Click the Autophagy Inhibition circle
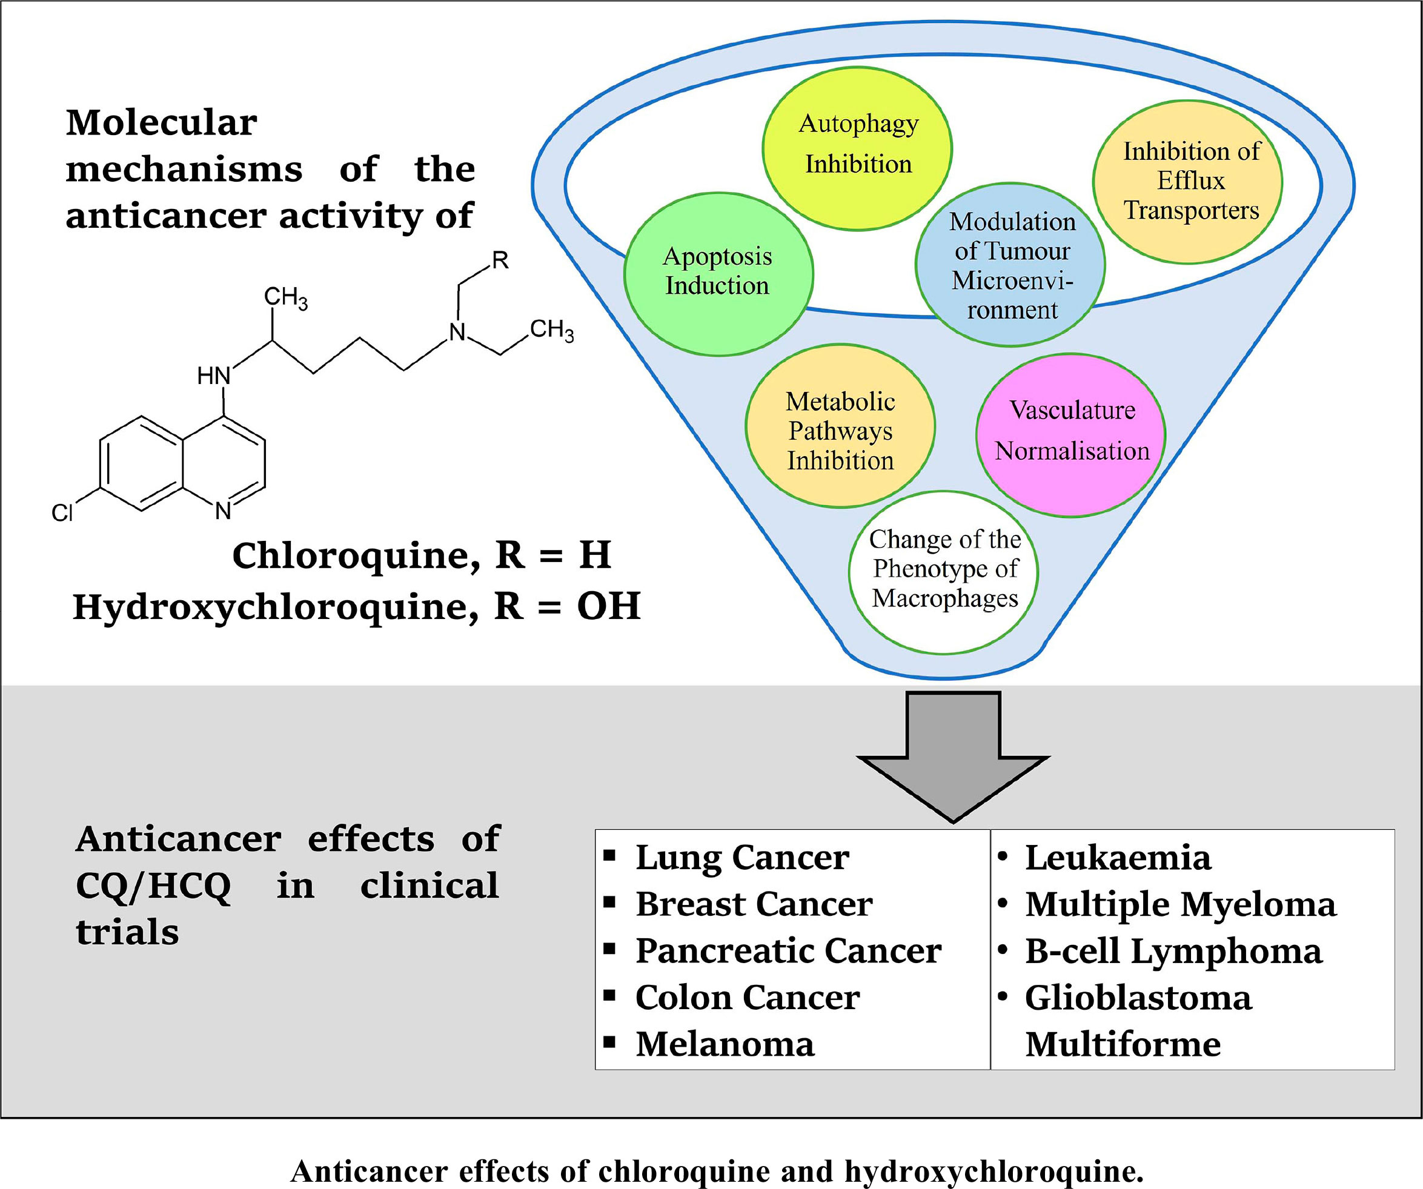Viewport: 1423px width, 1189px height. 857,148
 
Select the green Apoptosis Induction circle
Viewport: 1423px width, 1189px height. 718,274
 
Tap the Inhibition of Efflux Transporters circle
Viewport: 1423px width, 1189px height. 1187,182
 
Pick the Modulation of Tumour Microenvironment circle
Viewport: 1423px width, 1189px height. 1010,264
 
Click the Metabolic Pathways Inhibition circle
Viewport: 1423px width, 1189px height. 840,427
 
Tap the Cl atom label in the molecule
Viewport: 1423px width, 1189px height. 62,513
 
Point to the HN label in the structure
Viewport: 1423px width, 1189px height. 213,376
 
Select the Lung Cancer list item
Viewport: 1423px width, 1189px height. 742,857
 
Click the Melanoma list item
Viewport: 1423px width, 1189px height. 725,1044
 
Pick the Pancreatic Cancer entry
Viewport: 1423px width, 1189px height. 788,950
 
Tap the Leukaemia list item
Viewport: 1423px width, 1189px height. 1118,857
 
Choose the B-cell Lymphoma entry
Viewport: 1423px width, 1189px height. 1173,950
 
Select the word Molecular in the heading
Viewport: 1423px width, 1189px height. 161,122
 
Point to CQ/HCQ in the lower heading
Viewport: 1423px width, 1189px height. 153,886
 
